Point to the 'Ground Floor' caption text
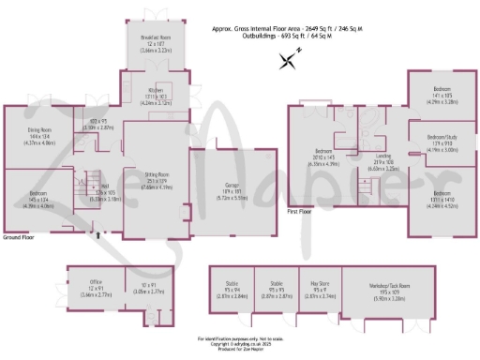[x=19, y=238]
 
